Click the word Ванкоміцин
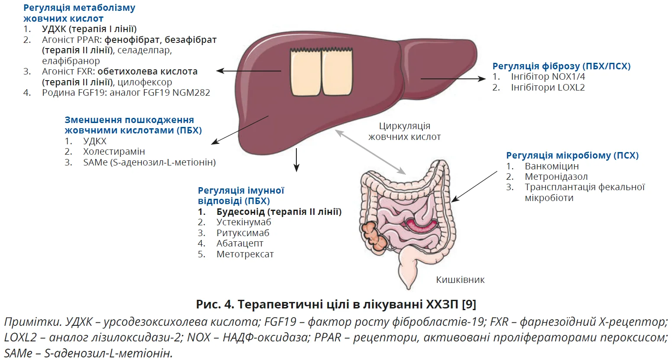[551, 166]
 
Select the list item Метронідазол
[556, 177]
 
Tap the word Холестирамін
[114, 152]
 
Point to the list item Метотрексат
[245, 254]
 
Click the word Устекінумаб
[243, 222]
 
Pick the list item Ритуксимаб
[243, 233]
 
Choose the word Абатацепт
[240, 243]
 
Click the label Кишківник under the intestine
[460, 280]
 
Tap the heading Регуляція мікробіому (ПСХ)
[572, 156]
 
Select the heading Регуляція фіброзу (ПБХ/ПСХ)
[561, 66]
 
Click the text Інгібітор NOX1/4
[548, 77]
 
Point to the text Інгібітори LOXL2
[548, 88]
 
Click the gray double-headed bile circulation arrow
[371, 152]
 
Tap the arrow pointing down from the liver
[296, 160]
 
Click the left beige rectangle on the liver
[305, 72]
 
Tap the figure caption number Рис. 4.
[214, 304]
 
